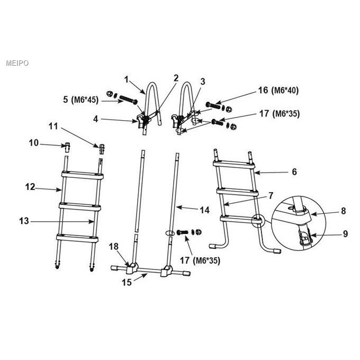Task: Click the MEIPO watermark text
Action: [17, 63]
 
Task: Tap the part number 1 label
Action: [127, 79]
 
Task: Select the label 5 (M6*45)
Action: [81, 100]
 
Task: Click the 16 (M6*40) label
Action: [278, 91]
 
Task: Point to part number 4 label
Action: [95, 119]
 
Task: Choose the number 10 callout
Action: [33, 143]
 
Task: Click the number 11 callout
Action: [53, 126]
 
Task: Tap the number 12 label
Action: [30, 187]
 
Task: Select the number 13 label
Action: [24, 221]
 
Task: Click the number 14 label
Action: [205, 210]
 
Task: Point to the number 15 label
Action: [127, 282]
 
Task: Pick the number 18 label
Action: [114, 247]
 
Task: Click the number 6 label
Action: [294, 172]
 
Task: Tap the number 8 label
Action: [344, 211]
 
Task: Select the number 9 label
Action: [345, 234]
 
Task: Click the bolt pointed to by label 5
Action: [129, 100]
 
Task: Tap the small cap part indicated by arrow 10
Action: [67, 147]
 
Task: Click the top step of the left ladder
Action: [83, 175]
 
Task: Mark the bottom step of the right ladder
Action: [241, 220]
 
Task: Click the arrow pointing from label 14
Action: [187, 208]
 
